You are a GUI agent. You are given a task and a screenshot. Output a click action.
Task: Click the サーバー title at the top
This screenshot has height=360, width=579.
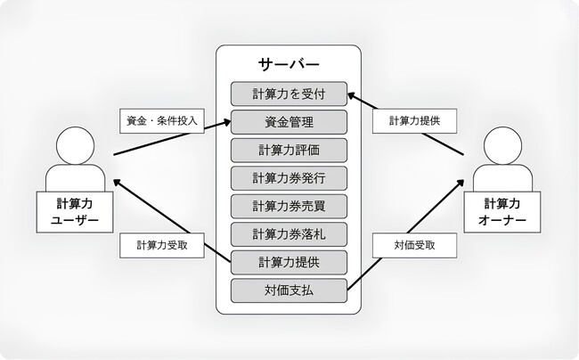(288, 64)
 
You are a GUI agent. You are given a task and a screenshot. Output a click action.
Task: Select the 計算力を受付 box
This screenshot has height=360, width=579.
(288, 93)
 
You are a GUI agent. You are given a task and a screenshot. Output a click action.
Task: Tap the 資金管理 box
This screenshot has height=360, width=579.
(288, 121)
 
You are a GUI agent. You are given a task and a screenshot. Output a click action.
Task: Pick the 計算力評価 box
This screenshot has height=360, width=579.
(288, 149)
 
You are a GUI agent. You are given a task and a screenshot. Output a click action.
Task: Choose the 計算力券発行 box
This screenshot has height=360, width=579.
(288, 177)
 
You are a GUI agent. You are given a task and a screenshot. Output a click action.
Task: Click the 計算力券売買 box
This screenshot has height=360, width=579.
(288, 206)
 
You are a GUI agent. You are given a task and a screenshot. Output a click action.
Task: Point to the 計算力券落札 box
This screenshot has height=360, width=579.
(288, 234)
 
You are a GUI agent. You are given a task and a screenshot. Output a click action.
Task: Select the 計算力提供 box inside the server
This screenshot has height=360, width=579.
(288, 263)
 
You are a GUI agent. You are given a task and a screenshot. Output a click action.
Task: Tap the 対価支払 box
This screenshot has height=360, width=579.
(288, 290)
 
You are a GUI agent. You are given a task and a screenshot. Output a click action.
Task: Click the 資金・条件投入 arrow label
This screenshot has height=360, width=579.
(161, 119)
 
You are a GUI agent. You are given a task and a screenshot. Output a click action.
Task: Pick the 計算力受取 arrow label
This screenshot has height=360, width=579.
(161, 244)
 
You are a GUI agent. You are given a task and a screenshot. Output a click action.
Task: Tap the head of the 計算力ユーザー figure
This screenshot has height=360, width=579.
(75, 145)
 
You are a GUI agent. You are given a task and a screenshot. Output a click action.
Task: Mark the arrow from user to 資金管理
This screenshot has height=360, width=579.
(169, 140)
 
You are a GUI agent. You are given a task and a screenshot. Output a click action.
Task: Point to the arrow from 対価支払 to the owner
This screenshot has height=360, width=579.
(405, 235)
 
